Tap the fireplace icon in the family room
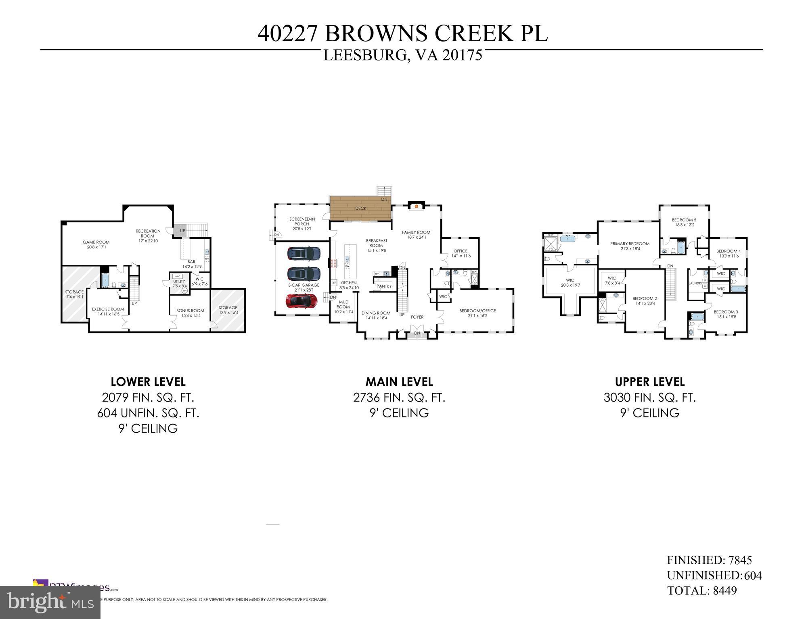pyautogui.click(x=416, y=206)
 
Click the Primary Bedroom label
pyautogui.click(x=630, y=246)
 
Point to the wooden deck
pyautogui.click(x=360, y=208)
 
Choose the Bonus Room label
pyautogui.click(x=190, y=313)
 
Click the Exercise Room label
pyautogui.click(x=108, y=311)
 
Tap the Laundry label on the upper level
pyautogui.click(x=695, y=283)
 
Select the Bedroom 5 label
pyautogui.click(x=684, y=222)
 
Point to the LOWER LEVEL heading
pyautogui.click(x=148, y=381)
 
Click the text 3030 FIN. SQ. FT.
pyautogui.click(x=649, y=398)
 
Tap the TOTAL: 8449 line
pyautogui.click(x=701, y=591)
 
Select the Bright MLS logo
pyautogui.click(x=50, y=602)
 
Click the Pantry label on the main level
pyautogui.click(x=384, y=286)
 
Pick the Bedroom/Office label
pyautogui.click(x=477, y=313)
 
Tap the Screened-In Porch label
pyautogui.click(x=302, y=224)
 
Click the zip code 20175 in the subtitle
pyautogui.click(x=462, y=55)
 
